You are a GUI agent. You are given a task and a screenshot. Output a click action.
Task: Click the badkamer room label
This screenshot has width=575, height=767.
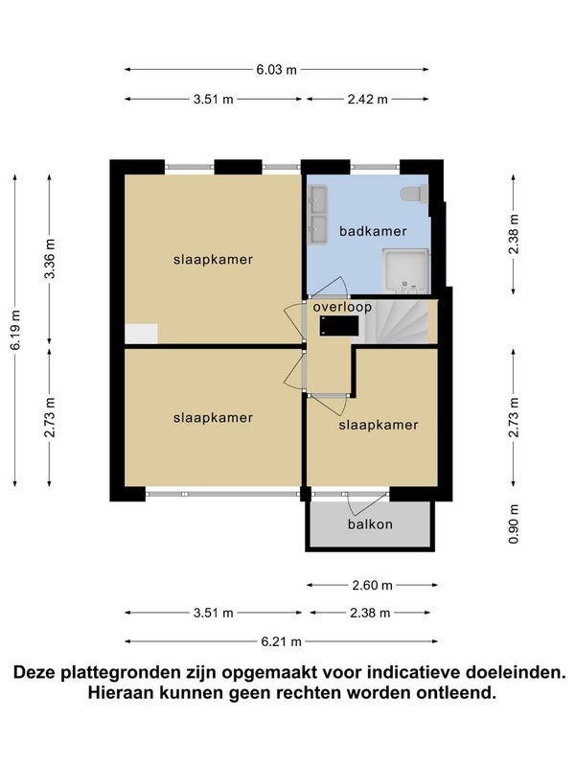click(373, 231)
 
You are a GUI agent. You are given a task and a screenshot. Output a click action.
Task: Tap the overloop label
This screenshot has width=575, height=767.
click(342, 307)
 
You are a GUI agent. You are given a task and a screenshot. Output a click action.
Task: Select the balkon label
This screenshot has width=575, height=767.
click(370, 524)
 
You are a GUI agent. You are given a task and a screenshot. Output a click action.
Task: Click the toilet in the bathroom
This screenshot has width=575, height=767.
click(414, 194)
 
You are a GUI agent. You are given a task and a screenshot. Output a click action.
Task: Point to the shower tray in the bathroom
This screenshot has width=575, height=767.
click(405, 271)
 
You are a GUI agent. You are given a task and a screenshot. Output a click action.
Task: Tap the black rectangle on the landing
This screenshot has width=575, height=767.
click(339, 326)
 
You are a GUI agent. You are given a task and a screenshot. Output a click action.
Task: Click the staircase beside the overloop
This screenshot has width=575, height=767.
click(401, 321)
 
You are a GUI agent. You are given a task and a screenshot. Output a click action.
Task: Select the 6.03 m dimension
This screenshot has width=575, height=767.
click(276, 69)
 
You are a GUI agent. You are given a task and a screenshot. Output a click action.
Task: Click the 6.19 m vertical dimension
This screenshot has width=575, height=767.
click(15, 330)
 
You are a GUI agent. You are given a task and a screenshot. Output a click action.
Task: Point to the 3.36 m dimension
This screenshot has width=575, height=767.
click(50, 259)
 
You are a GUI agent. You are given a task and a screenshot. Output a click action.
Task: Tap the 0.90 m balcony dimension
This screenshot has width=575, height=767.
click(514, 523)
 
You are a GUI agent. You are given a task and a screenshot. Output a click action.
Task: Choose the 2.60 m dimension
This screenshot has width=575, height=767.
click(372, 585)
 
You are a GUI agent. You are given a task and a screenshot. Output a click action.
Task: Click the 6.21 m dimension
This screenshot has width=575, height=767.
click(281, 641)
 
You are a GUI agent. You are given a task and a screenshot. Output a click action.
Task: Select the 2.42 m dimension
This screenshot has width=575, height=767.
click(368, 100)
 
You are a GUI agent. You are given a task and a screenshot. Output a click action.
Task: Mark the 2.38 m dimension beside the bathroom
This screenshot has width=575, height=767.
click(514, 234)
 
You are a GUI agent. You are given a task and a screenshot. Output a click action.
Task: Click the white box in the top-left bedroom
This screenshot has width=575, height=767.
click(141, 334)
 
